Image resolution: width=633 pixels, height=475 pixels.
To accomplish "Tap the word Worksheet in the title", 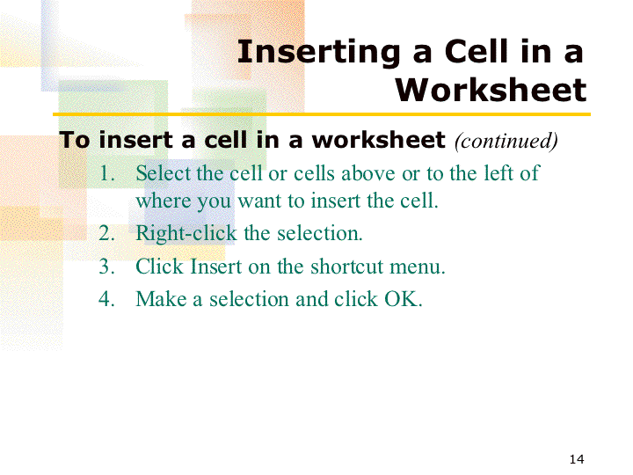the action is pos(491,90).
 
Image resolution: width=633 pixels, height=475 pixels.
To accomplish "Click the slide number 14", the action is pos(577,459).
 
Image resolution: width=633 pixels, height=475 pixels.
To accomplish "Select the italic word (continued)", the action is pos(506,141).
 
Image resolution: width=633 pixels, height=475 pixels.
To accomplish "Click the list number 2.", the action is pos(107,233).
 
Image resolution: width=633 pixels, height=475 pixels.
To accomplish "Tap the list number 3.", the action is pos(107,267).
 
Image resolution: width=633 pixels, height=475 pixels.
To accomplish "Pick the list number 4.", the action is pos(107,299).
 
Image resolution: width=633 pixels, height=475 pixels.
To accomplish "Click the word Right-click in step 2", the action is pos(186,234).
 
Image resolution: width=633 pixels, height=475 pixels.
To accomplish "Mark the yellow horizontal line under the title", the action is pos(322,114).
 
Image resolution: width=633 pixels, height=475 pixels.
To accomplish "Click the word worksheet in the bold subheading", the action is pos(379,140).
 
